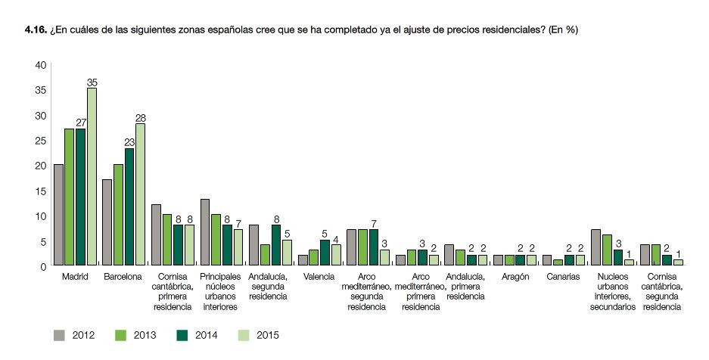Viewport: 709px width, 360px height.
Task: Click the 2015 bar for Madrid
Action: [x=92, y=177]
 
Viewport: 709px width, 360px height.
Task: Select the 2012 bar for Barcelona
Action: [x=107, y=222]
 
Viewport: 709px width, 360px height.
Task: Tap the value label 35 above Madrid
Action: [x=92, y=82]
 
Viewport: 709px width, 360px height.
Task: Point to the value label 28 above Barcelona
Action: [x=140, y=117]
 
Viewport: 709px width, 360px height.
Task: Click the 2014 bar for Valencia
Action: [x=325, y=253]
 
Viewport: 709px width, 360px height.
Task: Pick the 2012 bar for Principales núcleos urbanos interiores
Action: [x=205, y=232]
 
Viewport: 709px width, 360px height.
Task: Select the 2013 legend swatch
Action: [x=119, y=334]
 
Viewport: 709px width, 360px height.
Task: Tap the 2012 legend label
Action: [x=84, y=334]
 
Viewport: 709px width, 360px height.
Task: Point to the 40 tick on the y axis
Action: [x=39, y=66]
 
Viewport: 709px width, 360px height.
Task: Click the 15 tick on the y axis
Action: [x=39, y=191]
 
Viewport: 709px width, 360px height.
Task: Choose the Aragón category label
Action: [x=514, y=277]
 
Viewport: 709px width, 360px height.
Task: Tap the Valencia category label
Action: [x=319, y=277]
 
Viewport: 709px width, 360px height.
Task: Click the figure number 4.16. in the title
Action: [x=36, y=29]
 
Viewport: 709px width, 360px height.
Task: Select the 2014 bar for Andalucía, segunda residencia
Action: [x=276, y=245]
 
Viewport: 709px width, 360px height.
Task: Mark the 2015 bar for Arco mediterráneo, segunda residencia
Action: [x=384, y=258]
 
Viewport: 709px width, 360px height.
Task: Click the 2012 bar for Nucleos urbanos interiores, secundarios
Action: [x=596, y=247]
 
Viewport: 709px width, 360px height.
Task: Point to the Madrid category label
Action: [x=74, y=277]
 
